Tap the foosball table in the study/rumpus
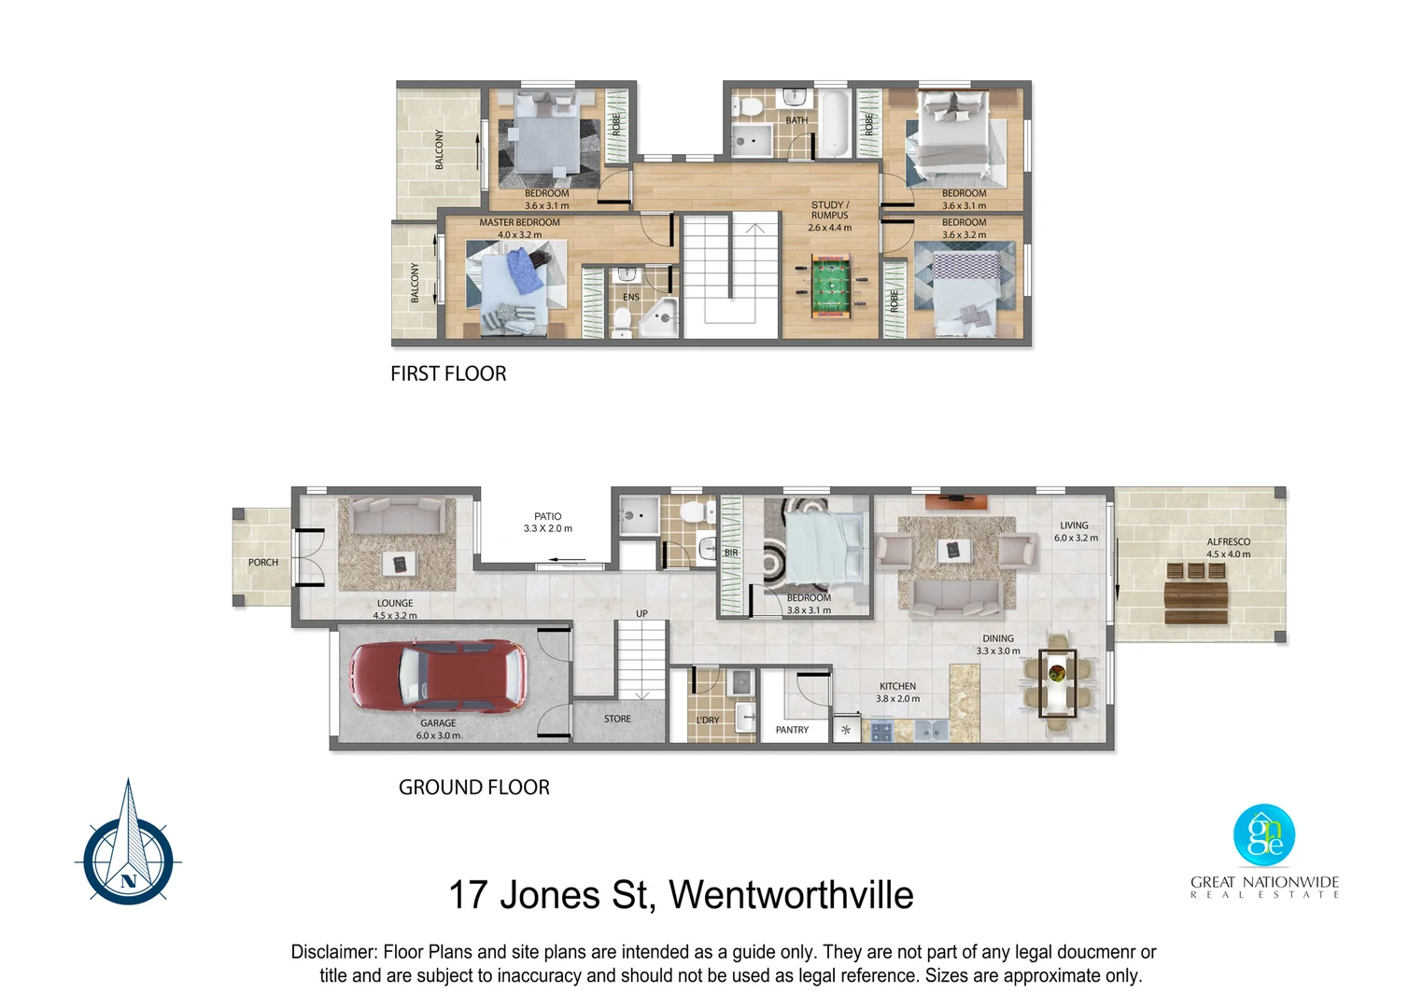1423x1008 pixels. pos(829,286)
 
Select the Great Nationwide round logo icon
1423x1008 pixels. pos(1264,835)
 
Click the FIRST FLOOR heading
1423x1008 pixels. pos(448,374)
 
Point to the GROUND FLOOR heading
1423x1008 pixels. pos(473,788)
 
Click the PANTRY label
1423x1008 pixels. pos(792,730)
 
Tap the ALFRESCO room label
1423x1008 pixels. pos(1228,542)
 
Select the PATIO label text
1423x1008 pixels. pos(548,516)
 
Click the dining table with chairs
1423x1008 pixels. pos(1058,682)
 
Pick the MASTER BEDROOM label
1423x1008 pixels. pos(519,223)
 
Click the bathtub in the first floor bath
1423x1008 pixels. pos(834,123)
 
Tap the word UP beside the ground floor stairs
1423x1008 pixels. pos(641,613)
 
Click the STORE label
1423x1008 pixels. pos(617,719)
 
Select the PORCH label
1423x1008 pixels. pos(263,563)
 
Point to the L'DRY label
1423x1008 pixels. pos(708,721)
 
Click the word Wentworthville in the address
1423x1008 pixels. pos(791,895)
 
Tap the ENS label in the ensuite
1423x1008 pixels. pos(631,298)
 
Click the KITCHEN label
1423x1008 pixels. pos(897,686)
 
